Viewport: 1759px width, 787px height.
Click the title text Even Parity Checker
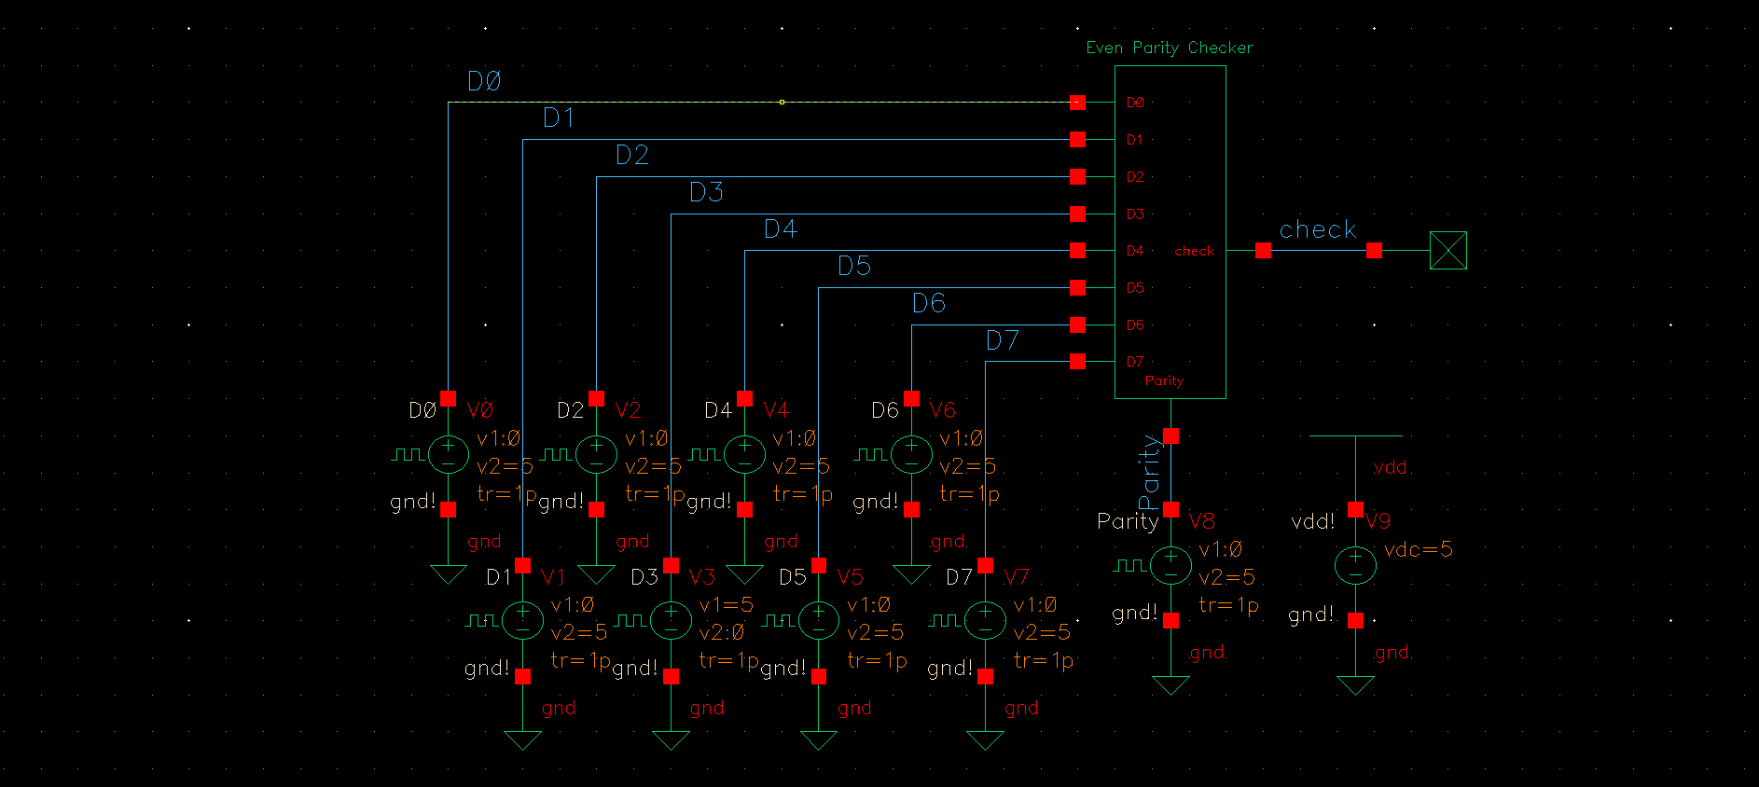click(x=1169, y=48)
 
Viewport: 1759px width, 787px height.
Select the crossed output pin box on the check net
click(x=1447, y=251)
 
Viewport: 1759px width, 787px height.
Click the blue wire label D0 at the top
click(x=484, y=82)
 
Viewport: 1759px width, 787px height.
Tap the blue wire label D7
click(x=1003, y=341)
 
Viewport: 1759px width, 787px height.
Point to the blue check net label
click(x=1317, y=229)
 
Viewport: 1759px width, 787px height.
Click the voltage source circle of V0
click(x=449, y=454)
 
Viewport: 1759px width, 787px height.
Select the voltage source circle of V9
click(x=1355, y=565)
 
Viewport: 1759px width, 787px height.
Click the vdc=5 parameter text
click(x=1418, y=549)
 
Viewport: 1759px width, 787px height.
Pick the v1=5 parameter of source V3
click(x=726, y=605)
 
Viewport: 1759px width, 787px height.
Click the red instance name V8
click(x=1201, y=520)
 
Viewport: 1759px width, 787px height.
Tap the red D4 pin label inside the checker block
click(x=1134, y=251)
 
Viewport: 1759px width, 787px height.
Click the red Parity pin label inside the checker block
click(x=1163, y=380)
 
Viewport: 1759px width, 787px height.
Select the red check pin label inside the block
click(x=1194, y=251)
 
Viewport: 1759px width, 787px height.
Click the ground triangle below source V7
click(x=986, y=740)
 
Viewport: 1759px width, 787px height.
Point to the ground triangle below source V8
click(x=1170, y=685)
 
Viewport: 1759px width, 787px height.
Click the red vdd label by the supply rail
click(x=1390, y=467)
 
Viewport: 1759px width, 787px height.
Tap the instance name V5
click(x=850, y=576)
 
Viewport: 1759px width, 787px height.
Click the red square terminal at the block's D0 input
click(x=1078, y=103)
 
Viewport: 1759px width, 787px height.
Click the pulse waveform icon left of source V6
click(x=869, y=454)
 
